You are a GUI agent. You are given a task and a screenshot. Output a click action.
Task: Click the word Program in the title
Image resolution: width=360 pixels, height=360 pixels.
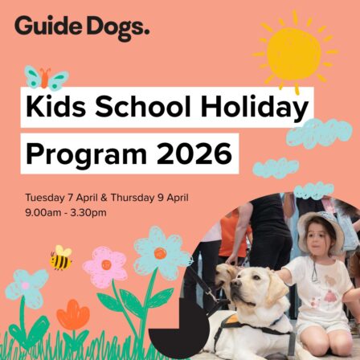pyautogui.click(x=80, y=152)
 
